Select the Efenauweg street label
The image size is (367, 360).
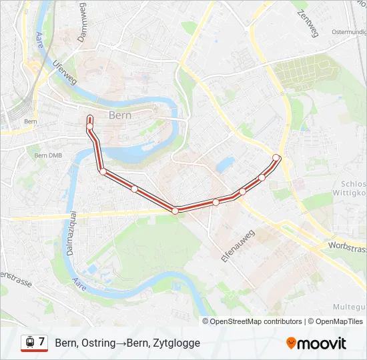(238, 247)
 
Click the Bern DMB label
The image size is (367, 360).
(47, 155)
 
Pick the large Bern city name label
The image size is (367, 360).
(119, 115)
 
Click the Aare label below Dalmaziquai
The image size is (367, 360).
(79, 286)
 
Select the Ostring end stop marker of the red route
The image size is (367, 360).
(276, 157)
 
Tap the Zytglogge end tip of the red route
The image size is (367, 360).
(89, 118)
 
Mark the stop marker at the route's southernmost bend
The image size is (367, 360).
(175, 211)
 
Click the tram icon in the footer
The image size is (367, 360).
(29, 342)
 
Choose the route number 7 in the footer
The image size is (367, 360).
(41, 342)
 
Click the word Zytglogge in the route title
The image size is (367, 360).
(177, 343)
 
